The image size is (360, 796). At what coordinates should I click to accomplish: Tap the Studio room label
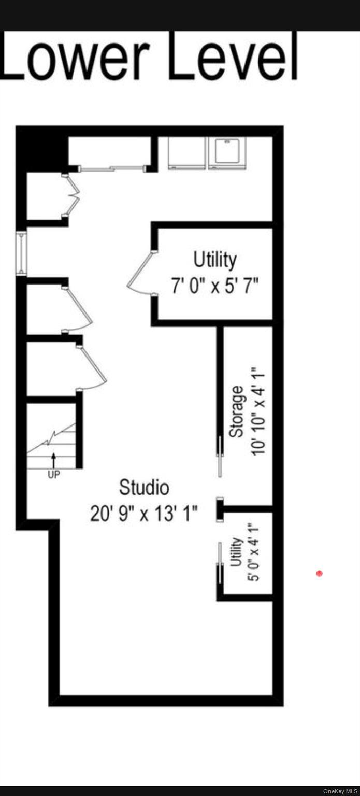tap(144, 488)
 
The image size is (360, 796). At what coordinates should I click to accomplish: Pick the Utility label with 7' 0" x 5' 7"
tap(215, 259)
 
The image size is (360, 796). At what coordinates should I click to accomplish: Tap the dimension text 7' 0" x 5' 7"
tap(215, 286)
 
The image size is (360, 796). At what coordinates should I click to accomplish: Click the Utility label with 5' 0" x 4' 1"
tap(236, 552)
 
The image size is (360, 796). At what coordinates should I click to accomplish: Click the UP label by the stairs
tap(54, 475)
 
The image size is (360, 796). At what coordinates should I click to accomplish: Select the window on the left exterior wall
tap(21, 253)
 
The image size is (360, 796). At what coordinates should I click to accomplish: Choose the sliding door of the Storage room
tap(221, 456)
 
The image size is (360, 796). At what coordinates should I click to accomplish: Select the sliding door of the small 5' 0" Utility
tap(220, 563)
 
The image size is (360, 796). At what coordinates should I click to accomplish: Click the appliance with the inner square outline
tap(227, 153)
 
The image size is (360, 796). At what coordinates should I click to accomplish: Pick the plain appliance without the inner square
tap(186, 153)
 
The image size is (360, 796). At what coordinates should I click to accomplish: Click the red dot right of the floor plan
tap(319, 573)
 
